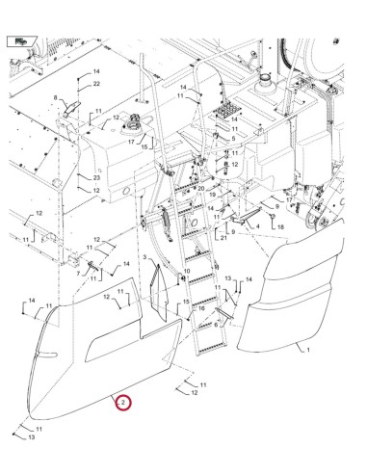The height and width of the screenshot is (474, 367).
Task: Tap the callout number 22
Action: click(x=97, y=85)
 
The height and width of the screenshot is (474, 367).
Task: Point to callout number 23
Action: click(x=97, y=178)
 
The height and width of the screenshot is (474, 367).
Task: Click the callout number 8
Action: click(x=57, y=98)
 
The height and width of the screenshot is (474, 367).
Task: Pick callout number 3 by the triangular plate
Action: click(x=144, y=259)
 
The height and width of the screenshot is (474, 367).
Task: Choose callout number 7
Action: click(x=79, y=275)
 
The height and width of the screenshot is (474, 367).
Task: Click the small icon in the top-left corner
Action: click(x=20, y=40)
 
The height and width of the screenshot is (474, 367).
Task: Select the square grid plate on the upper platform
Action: click(x=228, y=112)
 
